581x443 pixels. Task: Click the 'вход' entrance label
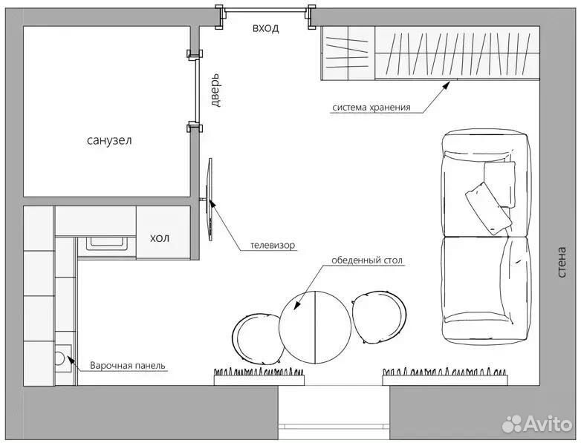(x=266, y=28)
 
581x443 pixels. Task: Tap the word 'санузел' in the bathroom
(x=109, y=141)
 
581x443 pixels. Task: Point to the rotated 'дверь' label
(x=215, y=91)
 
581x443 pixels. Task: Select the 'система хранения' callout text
(x=371, y=108)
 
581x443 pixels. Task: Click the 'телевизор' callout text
(x=273, y=246)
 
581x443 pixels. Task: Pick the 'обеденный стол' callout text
(x=367, y=260)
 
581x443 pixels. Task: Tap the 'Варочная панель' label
(x=128, y=366)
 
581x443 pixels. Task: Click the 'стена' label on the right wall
(x=562, y=263)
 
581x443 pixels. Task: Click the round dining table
(x=314, y=327)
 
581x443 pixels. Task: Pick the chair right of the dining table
(x=378, y=317)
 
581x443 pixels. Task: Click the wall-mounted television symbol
(x=210, y=200)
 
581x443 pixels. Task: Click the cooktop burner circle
(x=60, y=358)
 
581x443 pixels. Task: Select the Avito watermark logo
(x=537, y=424)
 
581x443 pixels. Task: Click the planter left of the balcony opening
(x=259, y=376)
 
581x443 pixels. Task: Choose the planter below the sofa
(x=444, y=376)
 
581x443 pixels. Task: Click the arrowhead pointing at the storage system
(x=446, y=85)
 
